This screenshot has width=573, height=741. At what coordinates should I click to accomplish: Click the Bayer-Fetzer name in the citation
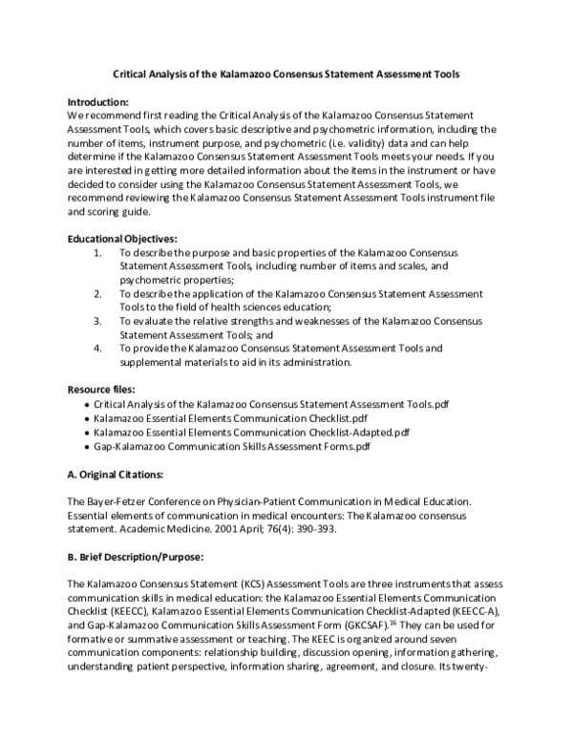[x=122, y=500]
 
